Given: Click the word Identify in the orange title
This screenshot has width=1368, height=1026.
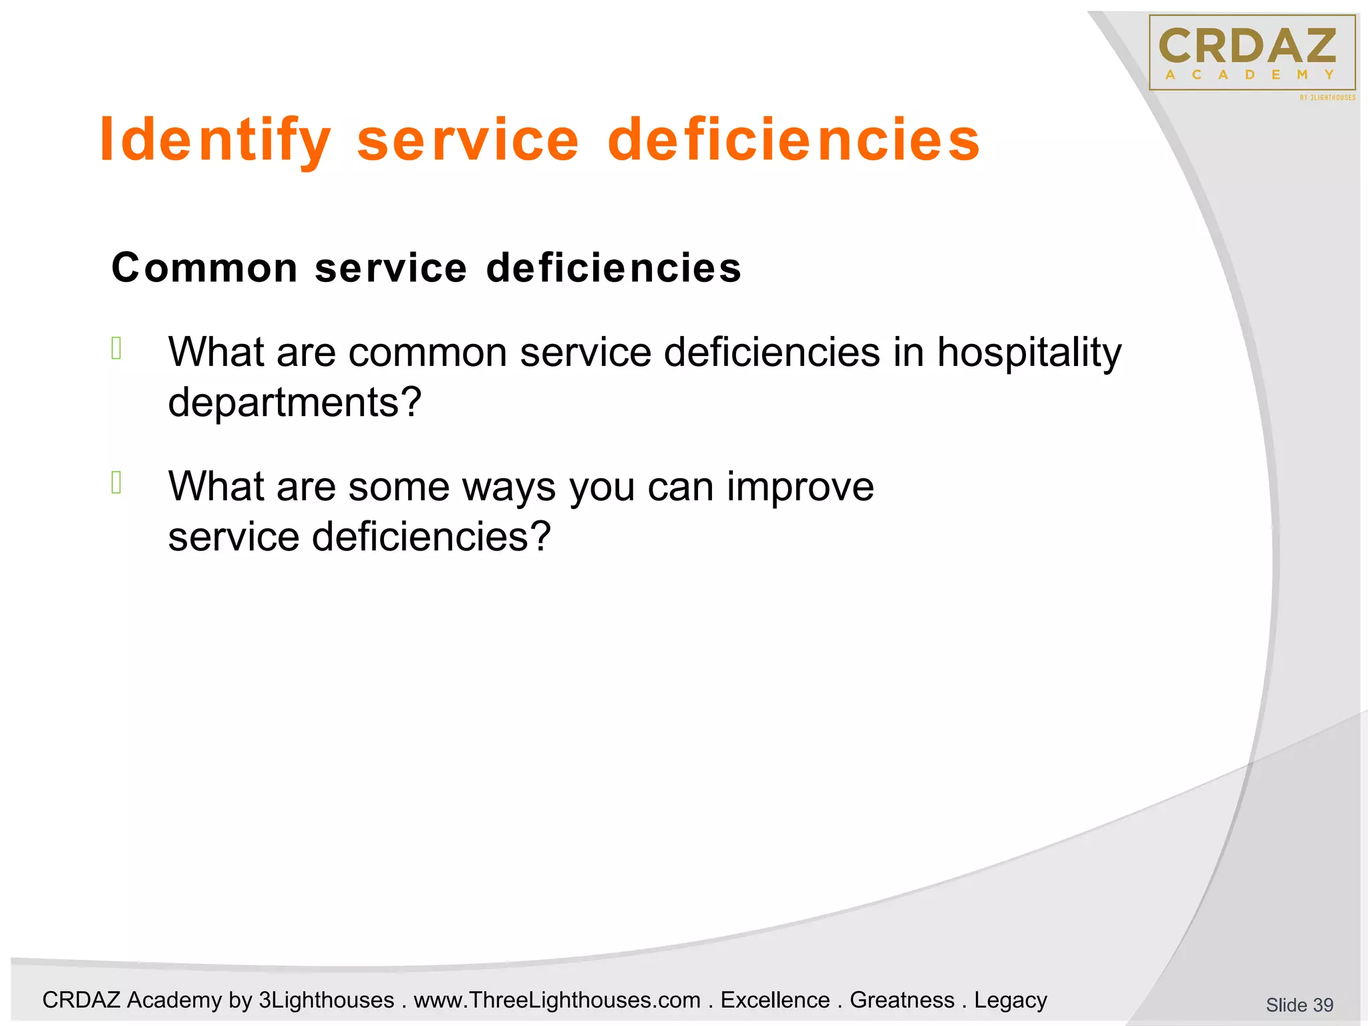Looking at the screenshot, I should tap(215, 140).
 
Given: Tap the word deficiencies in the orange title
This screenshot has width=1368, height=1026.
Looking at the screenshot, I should tap(794, 140).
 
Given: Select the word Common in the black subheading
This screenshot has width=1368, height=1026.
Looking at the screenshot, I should tap(204, 268).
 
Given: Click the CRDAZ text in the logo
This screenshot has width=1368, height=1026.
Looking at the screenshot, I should tap(1248, 47).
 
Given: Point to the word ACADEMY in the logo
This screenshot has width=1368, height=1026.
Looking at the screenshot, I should tap(1249, 75).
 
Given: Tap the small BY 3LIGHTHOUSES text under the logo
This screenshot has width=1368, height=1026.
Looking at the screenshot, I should tap(1327, 98).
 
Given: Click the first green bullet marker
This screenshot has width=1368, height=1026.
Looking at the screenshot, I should tap(116, 349).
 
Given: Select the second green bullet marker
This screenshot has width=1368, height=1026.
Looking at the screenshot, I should tap(116, 482).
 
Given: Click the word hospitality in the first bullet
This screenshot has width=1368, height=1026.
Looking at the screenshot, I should tap(1029, 353).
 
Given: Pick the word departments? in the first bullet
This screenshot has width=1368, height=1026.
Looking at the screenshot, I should tap(295, 403).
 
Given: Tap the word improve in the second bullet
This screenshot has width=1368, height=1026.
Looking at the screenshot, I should tap(800, 486).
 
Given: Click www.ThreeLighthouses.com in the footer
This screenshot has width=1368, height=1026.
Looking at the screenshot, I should tap(557, 1000).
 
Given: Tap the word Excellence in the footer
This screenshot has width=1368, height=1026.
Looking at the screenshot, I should tap(775, 1000).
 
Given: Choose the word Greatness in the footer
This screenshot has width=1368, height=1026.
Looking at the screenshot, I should tap(902, 1000).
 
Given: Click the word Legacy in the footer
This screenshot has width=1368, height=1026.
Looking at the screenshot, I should tap(1010, 1000).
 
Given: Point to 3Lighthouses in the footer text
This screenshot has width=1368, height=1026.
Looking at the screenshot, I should tap(326, 1000).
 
